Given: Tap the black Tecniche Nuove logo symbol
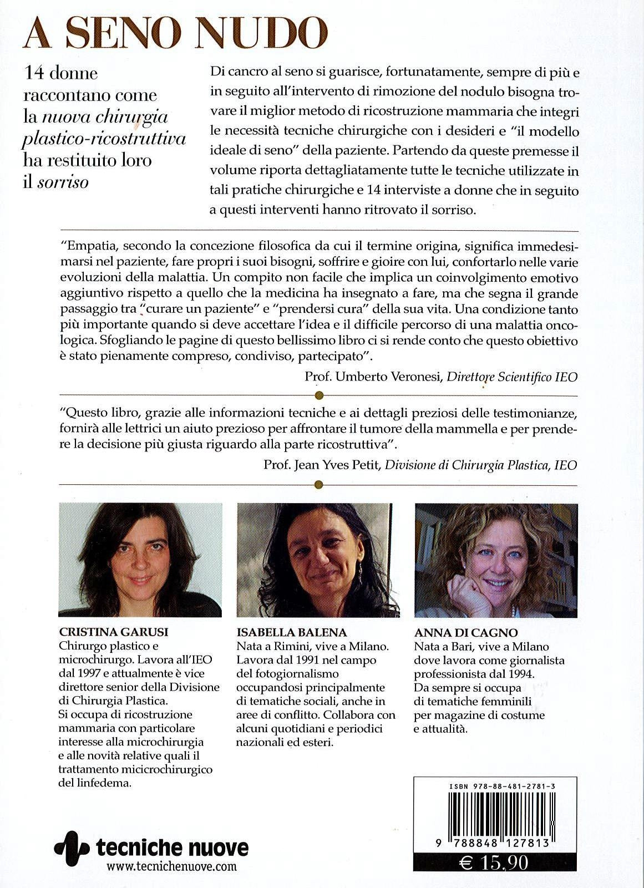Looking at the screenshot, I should [x=72, y=848].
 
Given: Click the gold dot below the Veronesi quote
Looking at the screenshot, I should [x=318, y=395].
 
